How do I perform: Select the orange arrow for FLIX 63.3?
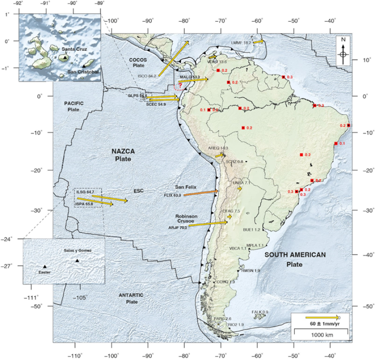(201, 193)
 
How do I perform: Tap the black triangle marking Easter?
(45, 267)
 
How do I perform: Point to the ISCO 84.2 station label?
(147, 76)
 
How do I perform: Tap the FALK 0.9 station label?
(259, 312)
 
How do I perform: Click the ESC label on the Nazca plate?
(139, 191)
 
